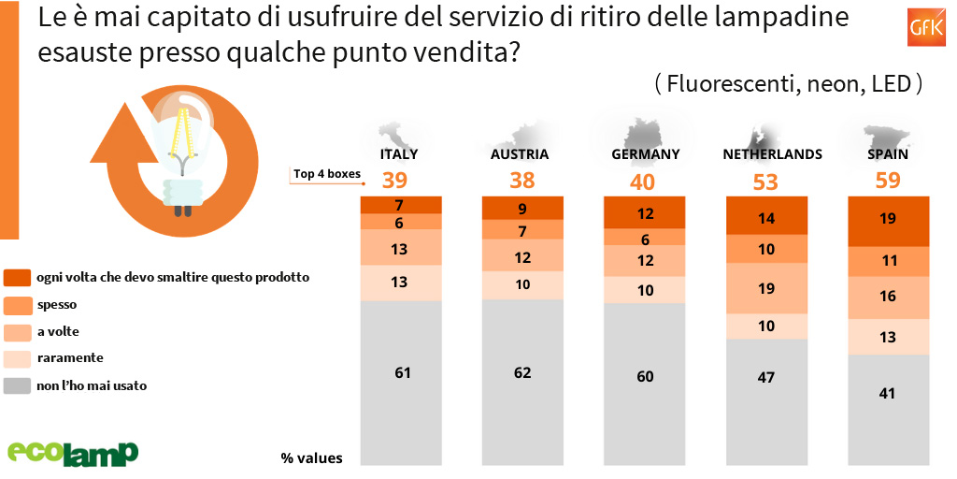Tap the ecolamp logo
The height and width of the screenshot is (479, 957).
73,451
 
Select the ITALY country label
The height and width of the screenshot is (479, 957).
399,154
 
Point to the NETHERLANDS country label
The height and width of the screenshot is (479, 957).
772,154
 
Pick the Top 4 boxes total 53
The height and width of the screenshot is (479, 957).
764,181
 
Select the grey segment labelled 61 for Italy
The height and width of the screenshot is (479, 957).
402,372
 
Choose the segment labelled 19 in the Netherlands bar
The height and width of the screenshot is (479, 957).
766,289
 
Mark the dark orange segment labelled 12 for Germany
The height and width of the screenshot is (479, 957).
644,213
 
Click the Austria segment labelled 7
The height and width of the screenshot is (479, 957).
522,230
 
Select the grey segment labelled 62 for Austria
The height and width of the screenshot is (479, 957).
522,372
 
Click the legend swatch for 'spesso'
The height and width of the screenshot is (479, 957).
18,304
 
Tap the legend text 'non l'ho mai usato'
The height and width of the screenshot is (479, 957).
92,385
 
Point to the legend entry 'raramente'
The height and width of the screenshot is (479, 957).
70,357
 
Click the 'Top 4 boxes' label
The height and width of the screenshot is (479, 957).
326,173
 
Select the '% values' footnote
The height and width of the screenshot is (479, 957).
311,457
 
